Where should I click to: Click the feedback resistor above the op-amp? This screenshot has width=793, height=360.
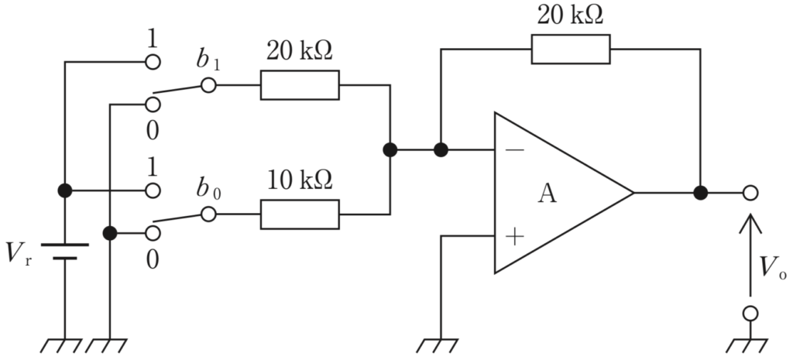tap(571, 49)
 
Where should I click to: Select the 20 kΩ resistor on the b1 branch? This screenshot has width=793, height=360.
tap(300, 85)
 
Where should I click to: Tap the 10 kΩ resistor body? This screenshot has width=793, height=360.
tap(300, 214)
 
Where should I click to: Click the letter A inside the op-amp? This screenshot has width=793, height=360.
tap(547, 193)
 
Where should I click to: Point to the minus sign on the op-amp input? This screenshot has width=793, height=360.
tap(514, 150)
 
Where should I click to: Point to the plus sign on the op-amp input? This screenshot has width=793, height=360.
tap(514, 236)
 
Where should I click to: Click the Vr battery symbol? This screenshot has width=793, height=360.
tap(65, 252)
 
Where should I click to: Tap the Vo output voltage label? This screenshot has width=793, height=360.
tap(774, 267)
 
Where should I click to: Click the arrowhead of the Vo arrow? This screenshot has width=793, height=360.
tap(750, 222)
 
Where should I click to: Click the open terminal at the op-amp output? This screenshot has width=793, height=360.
tap(750, 193)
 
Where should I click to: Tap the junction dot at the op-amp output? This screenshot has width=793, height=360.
tap(700, 193)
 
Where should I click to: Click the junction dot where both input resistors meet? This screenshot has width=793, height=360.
tap(390, 149)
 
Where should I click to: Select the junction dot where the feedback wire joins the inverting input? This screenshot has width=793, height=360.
tap(441, 149)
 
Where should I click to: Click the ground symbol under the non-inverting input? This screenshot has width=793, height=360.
tap(438, 346)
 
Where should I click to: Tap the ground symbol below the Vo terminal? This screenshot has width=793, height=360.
tap(747, 346)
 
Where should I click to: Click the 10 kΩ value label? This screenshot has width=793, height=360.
tap(300, 180)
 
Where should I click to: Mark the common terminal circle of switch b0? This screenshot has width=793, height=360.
tap(208, 214)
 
